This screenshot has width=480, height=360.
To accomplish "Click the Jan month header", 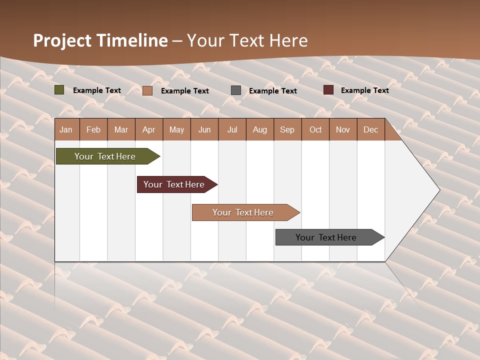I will click(66, 129).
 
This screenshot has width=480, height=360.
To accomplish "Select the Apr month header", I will click(149, 129).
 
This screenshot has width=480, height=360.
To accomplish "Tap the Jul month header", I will click(232, 129).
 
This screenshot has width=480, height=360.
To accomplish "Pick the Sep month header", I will click(287, 129).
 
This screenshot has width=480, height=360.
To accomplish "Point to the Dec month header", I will click(370, 129).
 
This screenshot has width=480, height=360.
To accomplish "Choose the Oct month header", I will click(315, 129).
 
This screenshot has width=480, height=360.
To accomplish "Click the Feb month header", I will click(93, 129).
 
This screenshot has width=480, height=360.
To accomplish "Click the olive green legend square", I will click(59, 90).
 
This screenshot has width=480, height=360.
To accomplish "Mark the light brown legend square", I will click(147, 90).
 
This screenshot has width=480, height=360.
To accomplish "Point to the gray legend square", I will click(236, 90).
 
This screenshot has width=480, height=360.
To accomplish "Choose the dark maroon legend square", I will click(328, 90).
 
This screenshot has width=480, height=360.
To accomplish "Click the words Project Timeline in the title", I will click(100, 40).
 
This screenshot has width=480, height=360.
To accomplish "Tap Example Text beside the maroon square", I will click(364, 90).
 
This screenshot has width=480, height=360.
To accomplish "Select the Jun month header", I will click(204, 129).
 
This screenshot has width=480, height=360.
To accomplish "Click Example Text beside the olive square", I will click(97, 90).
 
